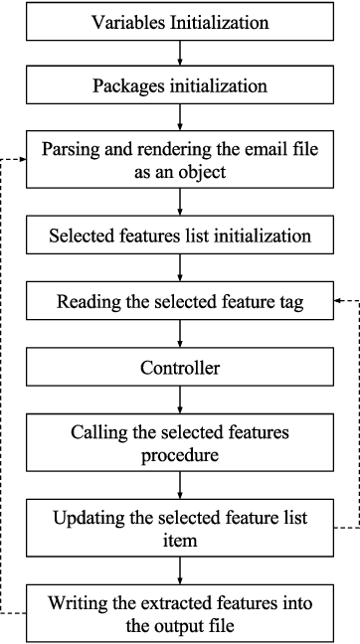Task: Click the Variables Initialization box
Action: (x=180, y=21)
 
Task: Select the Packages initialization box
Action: (x=180, y=85)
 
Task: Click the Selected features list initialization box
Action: (x=180, y=238)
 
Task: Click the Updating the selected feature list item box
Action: (x=180, y=528)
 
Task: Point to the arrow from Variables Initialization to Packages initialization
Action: (x=180, y=53)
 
